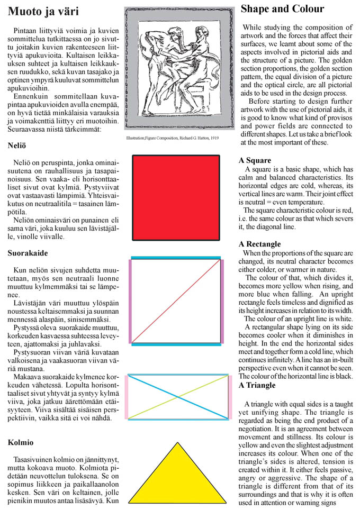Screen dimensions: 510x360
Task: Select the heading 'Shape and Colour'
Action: click(282, 9)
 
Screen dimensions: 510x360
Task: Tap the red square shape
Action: click(176, 198)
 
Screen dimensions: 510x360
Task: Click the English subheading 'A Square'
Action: click(255, 160)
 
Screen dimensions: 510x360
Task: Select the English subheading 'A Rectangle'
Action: click(260, 244)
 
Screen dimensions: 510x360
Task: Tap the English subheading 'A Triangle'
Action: click(257, 385)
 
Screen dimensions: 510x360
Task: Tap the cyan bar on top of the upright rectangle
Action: click(175, 258)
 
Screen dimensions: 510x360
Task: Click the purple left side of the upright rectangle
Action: click(130, 300)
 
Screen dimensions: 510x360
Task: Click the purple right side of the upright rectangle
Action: click(222, 300)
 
